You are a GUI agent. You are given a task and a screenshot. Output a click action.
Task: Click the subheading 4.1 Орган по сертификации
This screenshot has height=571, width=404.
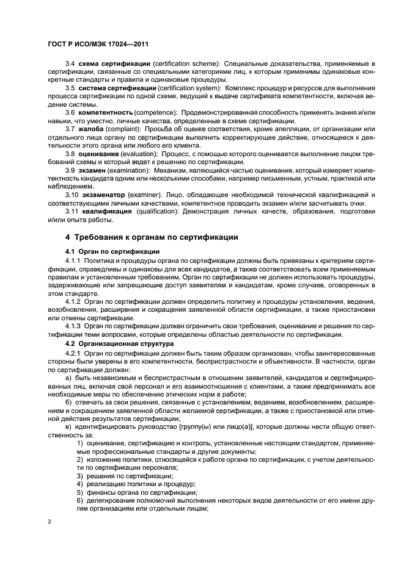(x=104, y=251)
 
